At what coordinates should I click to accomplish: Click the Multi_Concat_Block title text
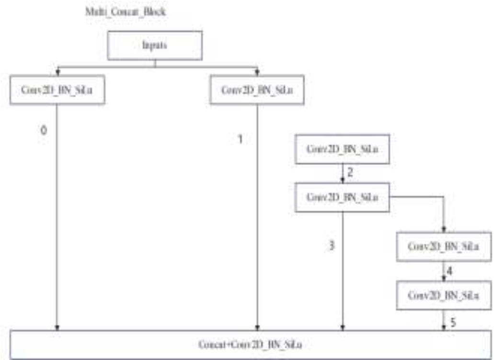[126, 12]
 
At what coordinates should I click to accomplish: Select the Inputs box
[155, 46]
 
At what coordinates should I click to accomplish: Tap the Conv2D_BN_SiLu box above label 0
[57, 90]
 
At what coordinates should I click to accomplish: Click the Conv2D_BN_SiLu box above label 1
[257, 90]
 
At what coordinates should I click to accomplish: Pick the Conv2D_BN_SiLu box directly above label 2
[342, 149]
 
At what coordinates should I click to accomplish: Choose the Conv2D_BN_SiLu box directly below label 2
[342, 197]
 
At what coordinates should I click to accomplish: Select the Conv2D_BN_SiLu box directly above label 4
[443, 246]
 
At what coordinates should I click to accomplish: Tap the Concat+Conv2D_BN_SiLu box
[250, 344]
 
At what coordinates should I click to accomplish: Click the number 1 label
[241, 139]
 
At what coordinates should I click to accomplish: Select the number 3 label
[332, 246]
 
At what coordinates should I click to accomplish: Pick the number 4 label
[449, 271]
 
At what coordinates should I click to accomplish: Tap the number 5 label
[453, 322]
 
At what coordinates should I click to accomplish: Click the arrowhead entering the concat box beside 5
[443, 328]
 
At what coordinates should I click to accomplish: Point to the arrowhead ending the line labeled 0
[57, 328]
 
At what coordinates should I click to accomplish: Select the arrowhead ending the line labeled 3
[342, 328]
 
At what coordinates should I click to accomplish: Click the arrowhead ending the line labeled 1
[258, 328]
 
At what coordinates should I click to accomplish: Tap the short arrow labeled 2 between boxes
[342, 173]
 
